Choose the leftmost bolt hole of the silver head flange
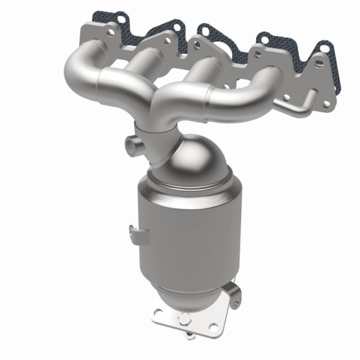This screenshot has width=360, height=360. [89, 28]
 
